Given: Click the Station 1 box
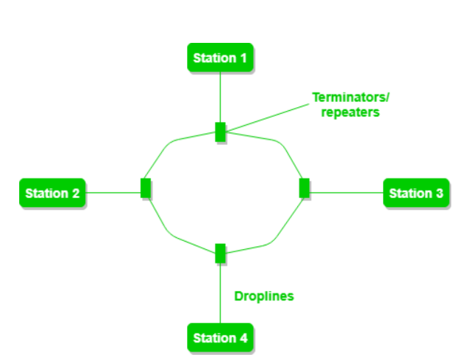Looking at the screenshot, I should tap(220, 57).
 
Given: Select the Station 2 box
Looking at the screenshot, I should tap(52, 193).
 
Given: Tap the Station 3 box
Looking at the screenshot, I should tap(416, 193).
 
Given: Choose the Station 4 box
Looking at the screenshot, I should tap(220, 338).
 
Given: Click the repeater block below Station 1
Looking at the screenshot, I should tap(220, 132).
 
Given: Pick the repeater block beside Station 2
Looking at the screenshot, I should tap(146, 189).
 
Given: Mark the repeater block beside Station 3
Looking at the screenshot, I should tap(304, 188).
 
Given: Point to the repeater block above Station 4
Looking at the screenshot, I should tap(220, 253).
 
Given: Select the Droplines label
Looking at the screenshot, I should tap(264, 296).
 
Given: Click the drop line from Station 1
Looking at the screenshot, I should tap(220, 96).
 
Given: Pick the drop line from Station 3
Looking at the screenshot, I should tap(346, 193).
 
